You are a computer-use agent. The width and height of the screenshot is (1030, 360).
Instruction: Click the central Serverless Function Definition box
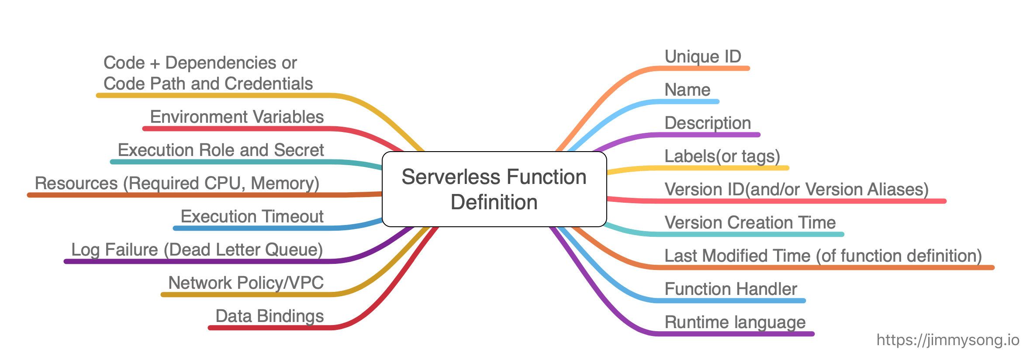494,189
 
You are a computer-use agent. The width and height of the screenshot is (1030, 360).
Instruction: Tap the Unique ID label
702,56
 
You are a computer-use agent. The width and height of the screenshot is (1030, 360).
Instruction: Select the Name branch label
687,90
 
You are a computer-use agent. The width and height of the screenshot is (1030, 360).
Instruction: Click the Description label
707,123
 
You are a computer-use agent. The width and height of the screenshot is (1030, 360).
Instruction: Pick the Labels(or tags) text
722,156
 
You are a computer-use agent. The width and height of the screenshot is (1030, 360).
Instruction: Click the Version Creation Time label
750,222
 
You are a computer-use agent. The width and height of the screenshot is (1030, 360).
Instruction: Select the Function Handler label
730,289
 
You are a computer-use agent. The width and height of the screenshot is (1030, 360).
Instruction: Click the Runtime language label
735,322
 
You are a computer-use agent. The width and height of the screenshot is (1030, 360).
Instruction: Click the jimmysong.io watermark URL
947,339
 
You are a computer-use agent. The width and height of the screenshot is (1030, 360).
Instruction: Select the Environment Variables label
237,117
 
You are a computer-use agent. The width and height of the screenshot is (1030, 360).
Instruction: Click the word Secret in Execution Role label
299,150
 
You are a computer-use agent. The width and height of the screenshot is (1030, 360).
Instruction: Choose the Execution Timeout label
252,216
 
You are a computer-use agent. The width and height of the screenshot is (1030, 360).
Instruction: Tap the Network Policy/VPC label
246,283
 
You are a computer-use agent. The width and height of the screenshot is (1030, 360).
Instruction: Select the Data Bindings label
270,316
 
